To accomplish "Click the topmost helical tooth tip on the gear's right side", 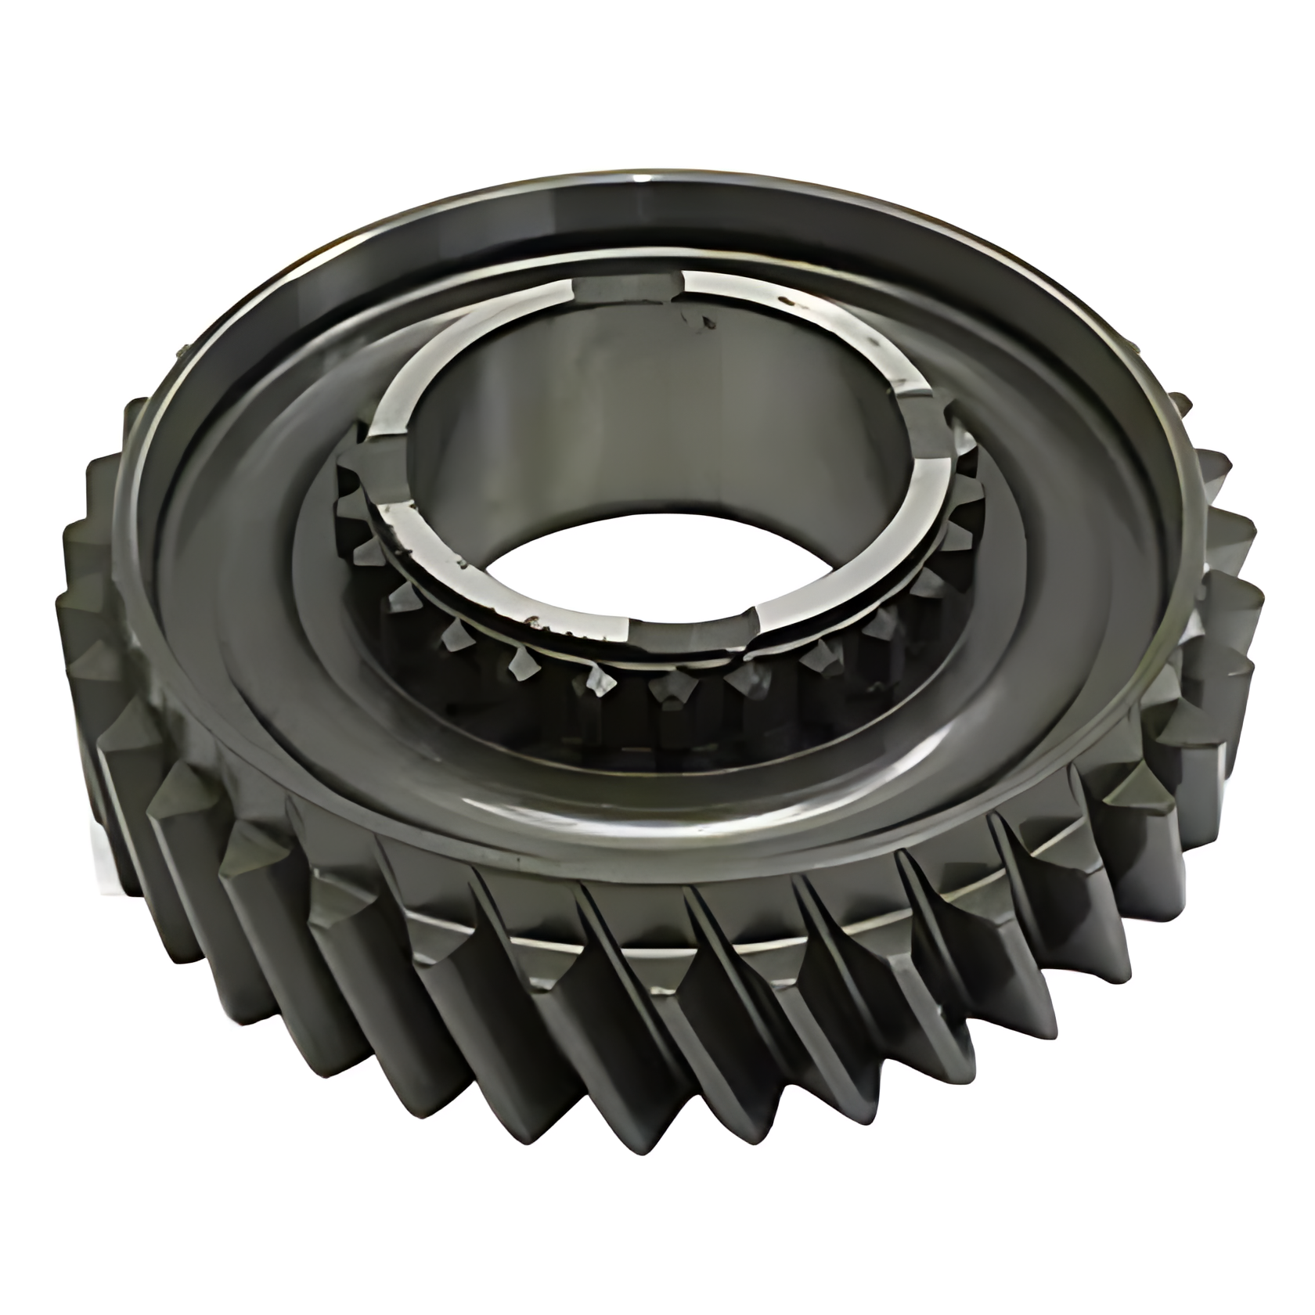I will pos(1182,407).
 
